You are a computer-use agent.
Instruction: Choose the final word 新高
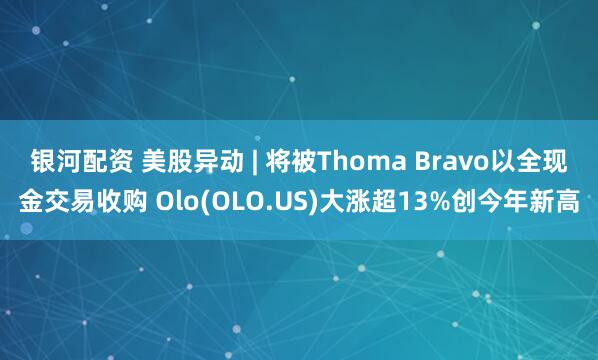[560, 203]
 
